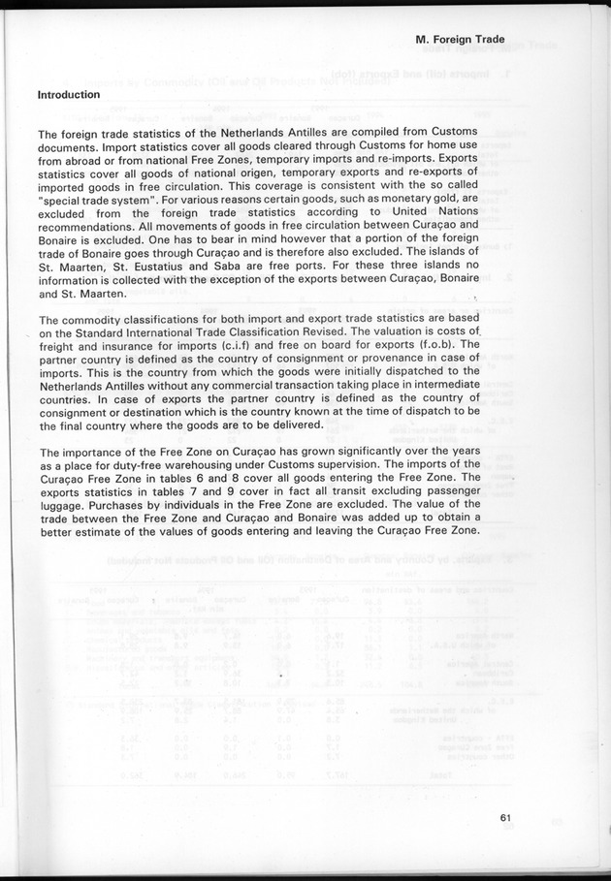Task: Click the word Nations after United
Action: pos(454,211)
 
